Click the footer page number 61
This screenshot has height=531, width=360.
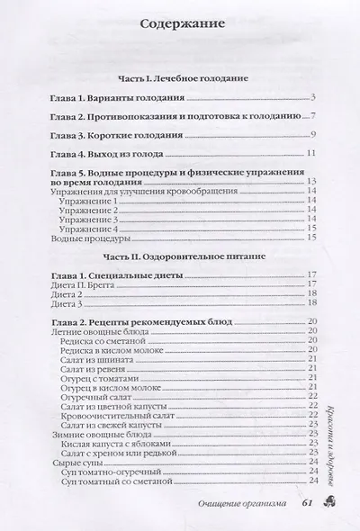click(x=307, y=502)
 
